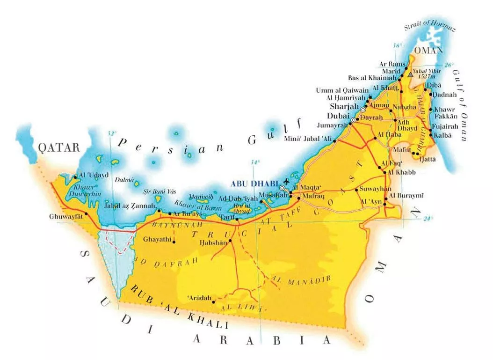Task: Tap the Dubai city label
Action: [x=336, y=115]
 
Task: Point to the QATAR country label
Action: [x=59, y=148]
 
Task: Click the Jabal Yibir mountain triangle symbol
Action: [x=410, y=74]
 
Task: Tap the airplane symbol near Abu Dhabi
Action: [x=286, y=181]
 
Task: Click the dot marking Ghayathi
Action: [x=174, y=242]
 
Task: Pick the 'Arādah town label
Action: [x=199, y=298]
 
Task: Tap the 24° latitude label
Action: [x=428, y=218]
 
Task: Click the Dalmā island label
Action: [x=124, y=179]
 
